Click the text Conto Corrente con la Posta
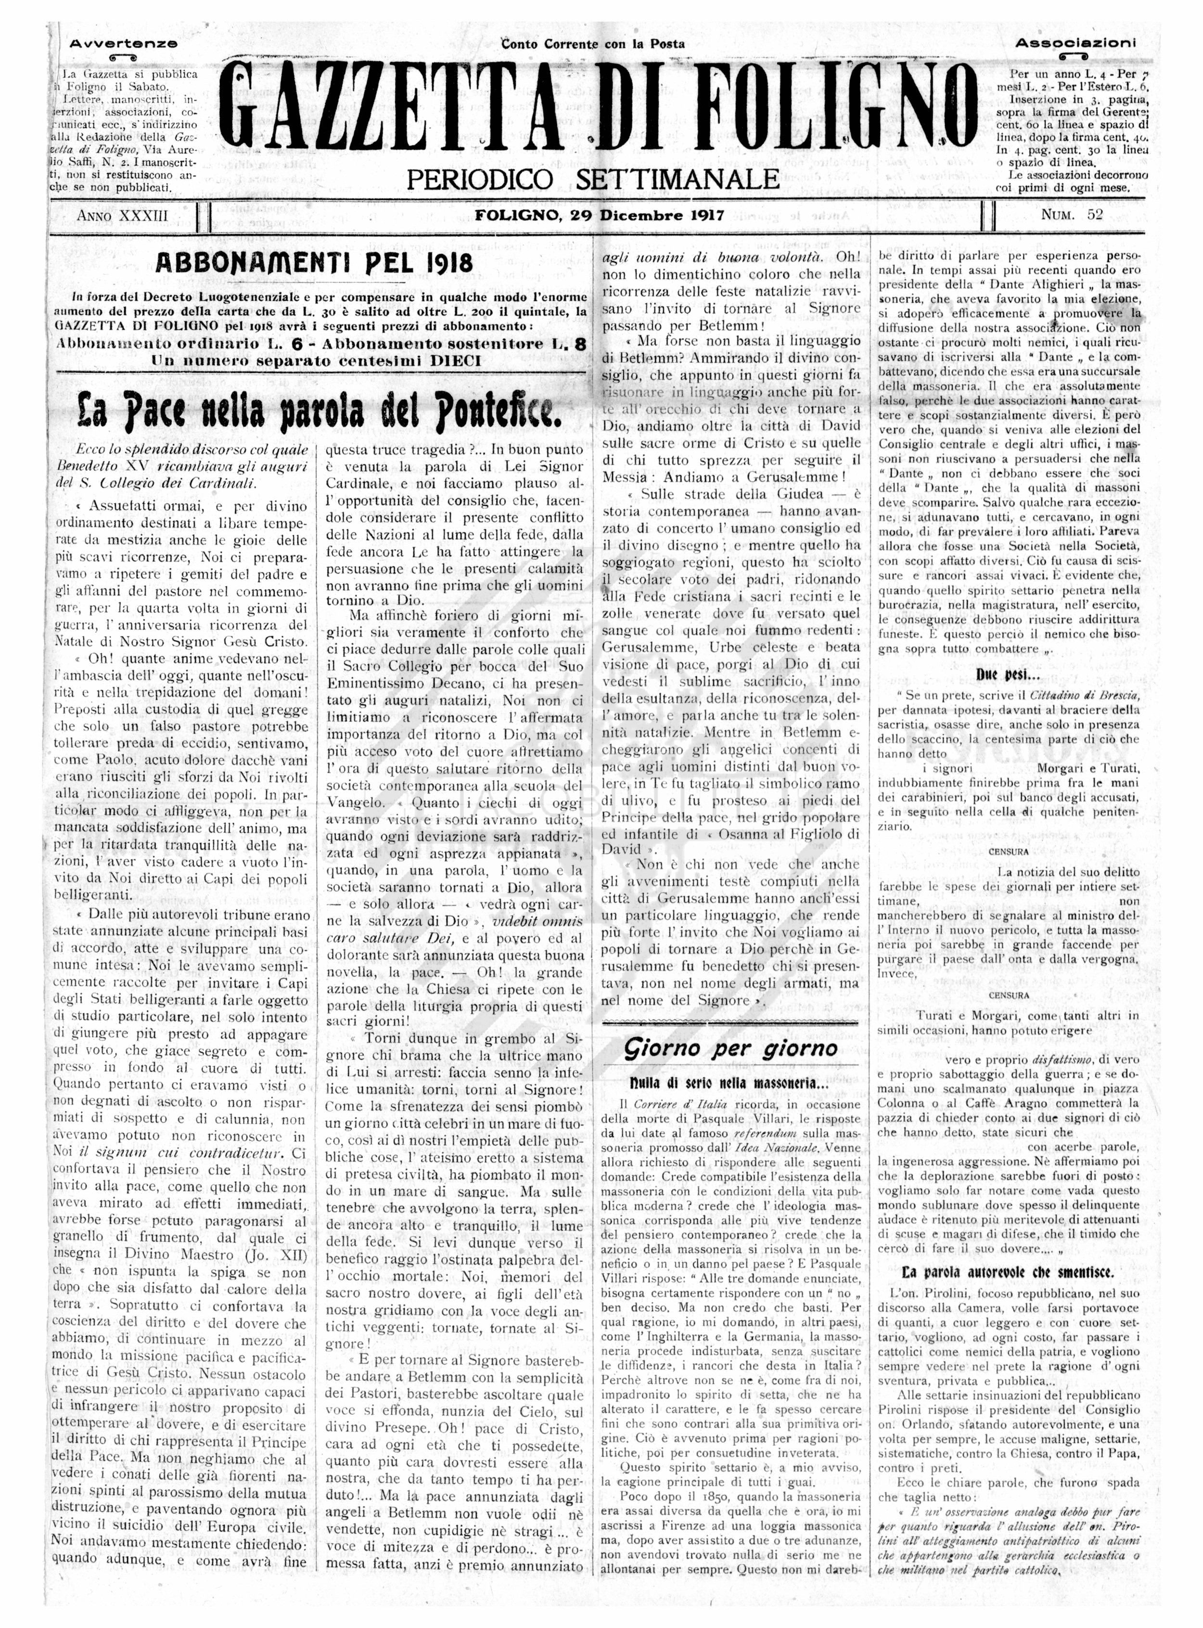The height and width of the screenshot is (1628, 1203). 593,44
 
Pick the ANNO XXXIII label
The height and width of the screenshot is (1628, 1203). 122,216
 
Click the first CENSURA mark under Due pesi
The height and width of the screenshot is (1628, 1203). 1009,852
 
